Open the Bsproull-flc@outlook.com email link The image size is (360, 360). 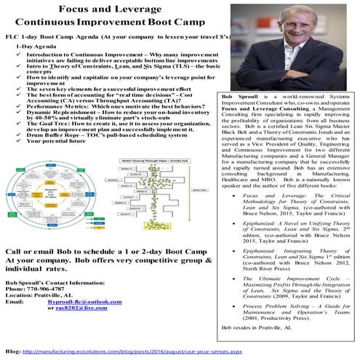click(80, 300)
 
